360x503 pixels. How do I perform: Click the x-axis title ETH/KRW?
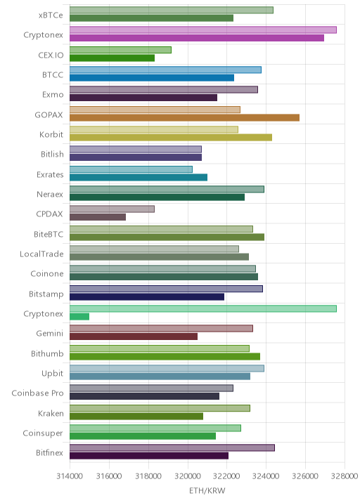(207, 491)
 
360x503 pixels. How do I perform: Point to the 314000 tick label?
(70, 476)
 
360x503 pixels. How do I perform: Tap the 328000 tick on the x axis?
(345, 476)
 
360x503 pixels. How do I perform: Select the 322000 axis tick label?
(226, 476)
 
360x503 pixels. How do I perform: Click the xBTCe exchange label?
(51, 15)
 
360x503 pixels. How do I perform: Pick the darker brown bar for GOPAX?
(184, 118)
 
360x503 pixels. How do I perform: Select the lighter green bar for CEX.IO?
(120, 50)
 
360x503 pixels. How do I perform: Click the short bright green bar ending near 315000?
(79, 317)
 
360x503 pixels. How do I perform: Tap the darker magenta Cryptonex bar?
(197, 38)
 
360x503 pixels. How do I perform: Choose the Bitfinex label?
(49, 452)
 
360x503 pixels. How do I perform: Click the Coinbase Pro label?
(37, 393)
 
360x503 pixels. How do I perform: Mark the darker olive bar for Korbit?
(171, 138)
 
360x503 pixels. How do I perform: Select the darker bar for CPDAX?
(98, 217)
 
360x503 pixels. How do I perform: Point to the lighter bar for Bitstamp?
(166, 289)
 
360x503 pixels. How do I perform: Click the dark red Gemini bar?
(134, 337)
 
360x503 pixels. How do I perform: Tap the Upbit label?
(52, 374)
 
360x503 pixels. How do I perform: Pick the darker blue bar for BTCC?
(152, 78)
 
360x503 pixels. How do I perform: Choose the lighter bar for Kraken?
(160, 408)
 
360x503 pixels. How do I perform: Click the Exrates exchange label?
(50, 174)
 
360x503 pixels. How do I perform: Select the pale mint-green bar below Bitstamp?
(203, 308)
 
